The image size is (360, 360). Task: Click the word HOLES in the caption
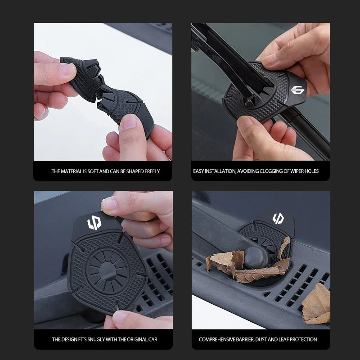click(x=311, y=171)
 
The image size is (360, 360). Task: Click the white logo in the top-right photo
click(x=297, y=90)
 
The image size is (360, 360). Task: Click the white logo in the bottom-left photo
click(x=94, y=223)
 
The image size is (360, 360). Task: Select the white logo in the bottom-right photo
click(x=278, y=219)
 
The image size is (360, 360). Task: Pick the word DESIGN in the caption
click(x=70, y=339)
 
